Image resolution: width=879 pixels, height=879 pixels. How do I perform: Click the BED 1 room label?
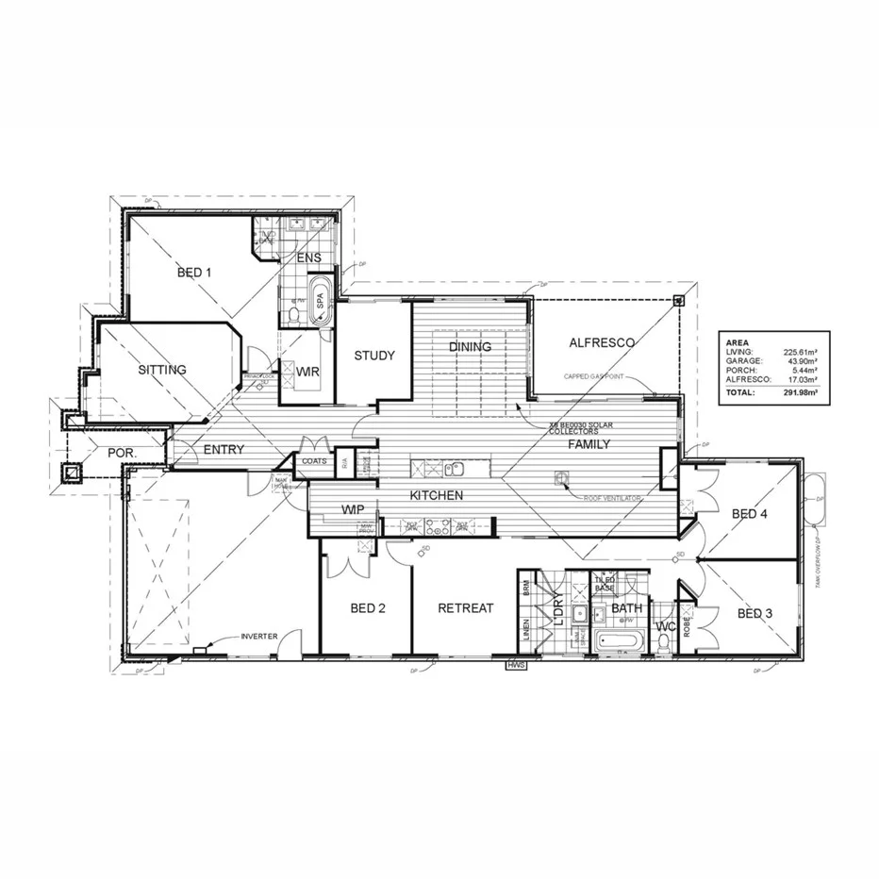coord(194,273)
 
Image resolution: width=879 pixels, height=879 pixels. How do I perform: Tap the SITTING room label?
coord(162,370)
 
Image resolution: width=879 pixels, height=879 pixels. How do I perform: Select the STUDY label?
coord(373,356)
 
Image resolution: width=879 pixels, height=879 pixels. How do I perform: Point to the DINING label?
coord(470,347)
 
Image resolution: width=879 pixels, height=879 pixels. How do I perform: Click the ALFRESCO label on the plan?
coord(602,343)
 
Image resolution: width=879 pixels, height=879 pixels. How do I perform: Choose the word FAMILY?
coord(589,443)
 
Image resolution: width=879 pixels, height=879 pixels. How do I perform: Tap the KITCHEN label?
coord(435,494)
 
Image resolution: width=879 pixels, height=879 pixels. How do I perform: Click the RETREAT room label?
coord(466,608)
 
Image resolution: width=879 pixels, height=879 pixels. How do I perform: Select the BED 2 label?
coord(368,608)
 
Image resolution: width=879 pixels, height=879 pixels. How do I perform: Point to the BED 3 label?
coord(755,614)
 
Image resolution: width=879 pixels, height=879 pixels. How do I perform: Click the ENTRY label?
coord(224,450)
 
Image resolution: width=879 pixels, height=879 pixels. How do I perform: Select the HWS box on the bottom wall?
coord(516,665)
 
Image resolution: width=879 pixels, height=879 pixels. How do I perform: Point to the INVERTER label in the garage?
coord(259,637)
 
